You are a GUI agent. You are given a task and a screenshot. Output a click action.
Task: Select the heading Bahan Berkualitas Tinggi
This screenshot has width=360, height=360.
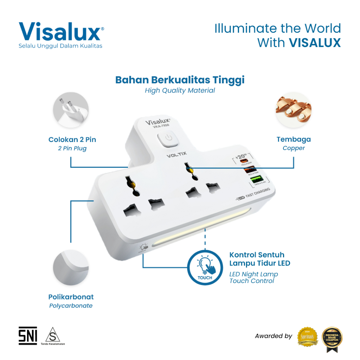pos(180,80)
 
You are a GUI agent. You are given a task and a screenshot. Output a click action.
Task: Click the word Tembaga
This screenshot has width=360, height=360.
pos(294,139)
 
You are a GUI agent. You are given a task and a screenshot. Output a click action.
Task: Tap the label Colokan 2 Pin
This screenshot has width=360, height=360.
pos(72,140)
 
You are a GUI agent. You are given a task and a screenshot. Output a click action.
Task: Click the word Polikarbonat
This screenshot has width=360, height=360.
pos(71,297)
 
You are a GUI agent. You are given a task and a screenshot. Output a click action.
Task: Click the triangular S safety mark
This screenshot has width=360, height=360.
pos(52,335)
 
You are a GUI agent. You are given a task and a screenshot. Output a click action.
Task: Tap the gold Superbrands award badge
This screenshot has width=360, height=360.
pos(308,337)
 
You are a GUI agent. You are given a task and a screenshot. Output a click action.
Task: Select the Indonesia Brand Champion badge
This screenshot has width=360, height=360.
pos(332,337)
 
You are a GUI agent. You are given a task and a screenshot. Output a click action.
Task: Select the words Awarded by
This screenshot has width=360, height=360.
pos(274,336)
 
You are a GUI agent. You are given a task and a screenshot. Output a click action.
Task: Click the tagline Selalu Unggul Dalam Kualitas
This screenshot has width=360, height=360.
pos(60,46)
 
